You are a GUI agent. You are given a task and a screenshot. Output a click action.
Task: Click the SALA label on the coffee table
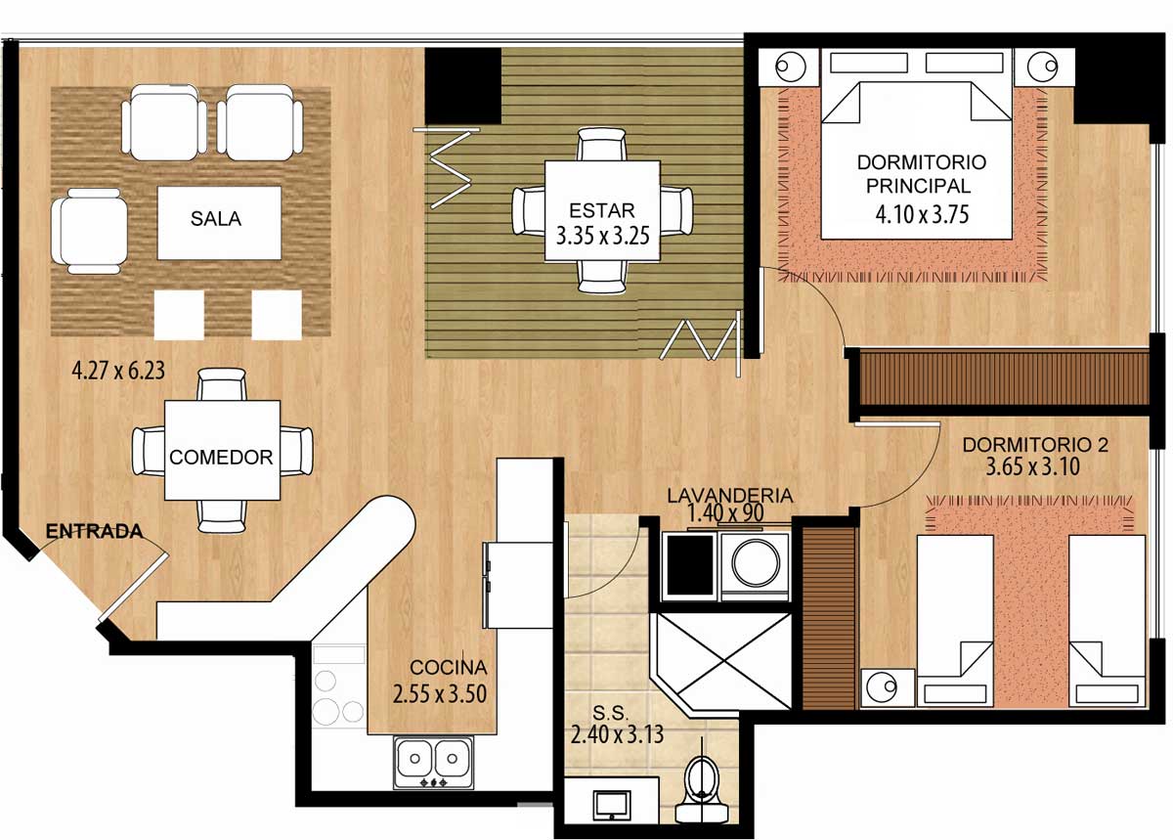click(x=216, y=218)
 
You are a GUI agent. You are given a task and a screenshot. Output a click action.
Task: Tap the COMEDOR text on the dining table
click(x=221, y=458)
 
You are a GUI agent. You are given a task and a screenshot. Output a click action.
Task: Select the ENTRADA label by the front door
click(x=94, y=531)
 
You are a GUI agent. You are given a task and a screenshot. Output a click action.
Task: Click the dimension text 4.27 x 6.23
click(x=118, y=371)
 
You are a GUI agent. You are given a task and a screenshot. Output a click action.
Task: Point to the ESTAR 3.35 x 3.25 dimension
click(x=602, y=236)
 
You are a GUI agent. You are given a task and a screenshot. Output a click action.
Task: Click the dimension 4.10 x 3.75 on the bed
click(x=922, y=214)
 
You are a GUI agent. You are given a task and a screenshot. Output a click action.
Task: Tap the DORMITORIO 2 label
click(x=1035, y=445)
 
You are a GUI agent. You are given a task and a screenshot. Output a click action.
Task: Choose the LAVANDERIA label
click(x=730, y=496)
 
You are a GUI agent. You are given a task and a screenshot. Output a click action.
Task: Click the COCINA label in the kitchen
click(x=449, y=667)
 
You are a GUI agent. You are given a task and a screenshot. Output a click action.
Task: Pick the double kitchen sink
click(x=434, y=762)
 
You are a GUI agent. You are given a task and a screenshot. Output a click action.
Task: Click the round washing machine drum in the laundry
click(x=756, y=563)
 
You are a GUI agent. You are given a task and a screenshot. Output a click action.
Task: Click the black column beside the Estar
click(x=463, y=86)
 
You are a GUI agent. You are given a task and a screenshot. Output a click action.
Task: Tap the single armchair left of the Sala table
click(x=89, y=231)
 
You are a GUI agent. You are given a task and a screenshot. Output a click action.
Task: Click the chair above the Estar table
click(x=602, y=144)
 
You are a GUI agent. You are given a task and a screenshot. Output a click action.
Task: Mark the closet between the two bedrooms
click(x=1004, y=378)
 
